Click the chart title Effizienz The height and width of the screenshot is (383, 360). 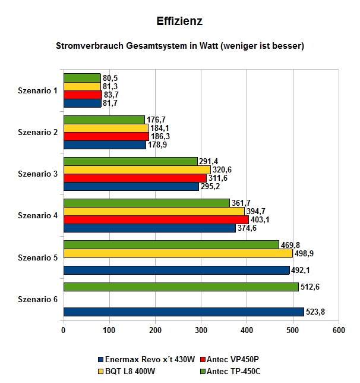point(179,21)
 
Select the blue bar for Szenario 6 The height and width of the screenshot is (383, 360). point(184,312)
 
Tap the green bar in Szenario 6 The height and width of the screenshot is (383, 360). point(181,287)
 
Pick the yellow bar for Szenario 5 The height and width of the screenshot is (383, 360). point(178,253)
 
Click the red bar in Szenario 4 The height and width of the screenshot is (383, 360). point(156,219)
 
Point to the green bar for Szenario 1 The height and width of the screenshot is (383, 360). point(82,78)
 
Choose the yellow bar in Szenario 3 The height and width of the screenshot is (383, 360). point(137,169)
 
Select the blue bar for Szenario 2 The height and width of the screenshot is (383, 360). point(105,145)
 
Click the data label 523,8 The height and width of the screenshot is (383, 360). point(315,312)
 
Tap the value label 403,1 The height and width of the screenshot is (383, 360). point(260,219)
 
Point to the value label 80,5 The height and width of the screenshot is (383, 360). point(110,78)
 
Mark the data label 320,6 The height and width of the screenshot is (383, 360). point(222,169)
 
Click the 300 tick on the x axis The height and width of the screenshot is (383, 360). point(201,330)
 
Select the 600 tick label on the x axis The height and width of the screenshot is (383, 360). point(339,330)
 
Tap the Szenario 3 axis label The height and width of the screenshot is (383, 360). point(37,174)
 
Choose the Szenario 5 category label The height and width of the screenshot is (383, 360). point(37,258)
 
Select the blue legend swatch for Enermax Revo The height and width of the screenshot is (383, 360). point(100,360)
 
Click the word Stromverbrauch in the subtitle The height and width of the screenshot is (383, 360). point(90,46)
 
